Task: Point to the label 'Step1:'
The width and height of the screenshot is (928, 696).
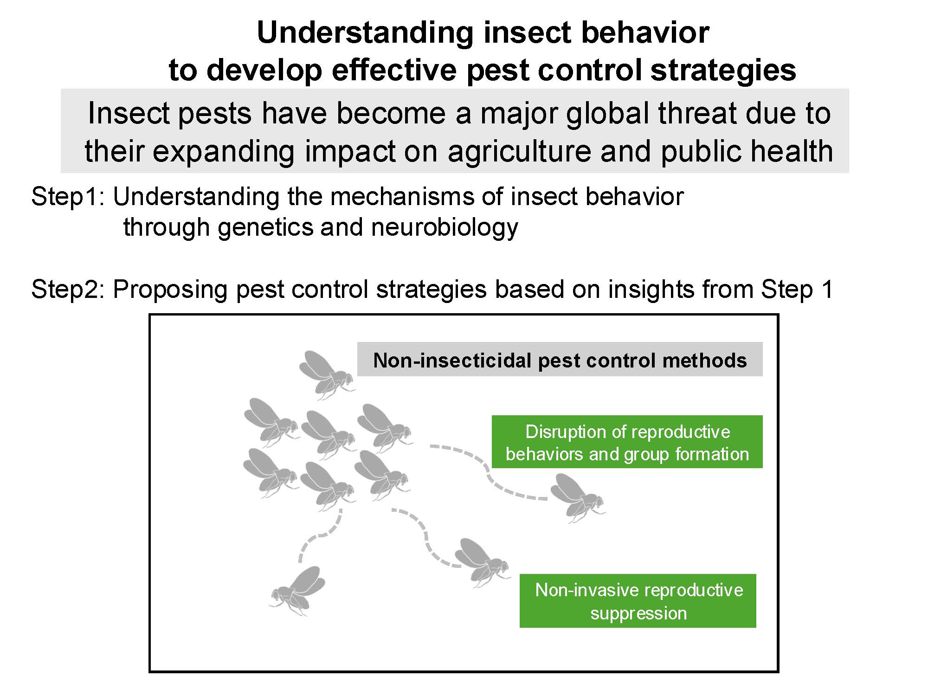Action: coord(70,197)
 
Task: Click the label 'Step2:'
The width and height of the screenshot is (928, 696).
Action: coord(70,290)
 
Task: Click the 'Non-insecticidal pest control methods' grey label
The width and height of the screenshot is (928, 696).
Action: coord(560,360)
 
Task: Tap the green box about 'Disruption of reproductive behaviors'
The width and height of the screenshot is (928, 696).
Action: coord(627,442)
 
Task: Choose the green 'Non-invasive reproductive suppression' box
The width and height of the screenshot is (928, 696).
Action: coord(638,601)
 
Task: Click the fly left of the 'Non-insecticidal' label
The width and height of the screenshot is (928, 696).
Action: coord(327,375)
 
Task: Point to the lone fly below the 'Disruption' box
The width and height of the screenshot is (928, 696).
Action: coord(578,498)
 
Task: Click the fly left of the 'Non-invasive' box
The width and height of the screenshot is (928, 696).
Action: coord(482,563)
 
